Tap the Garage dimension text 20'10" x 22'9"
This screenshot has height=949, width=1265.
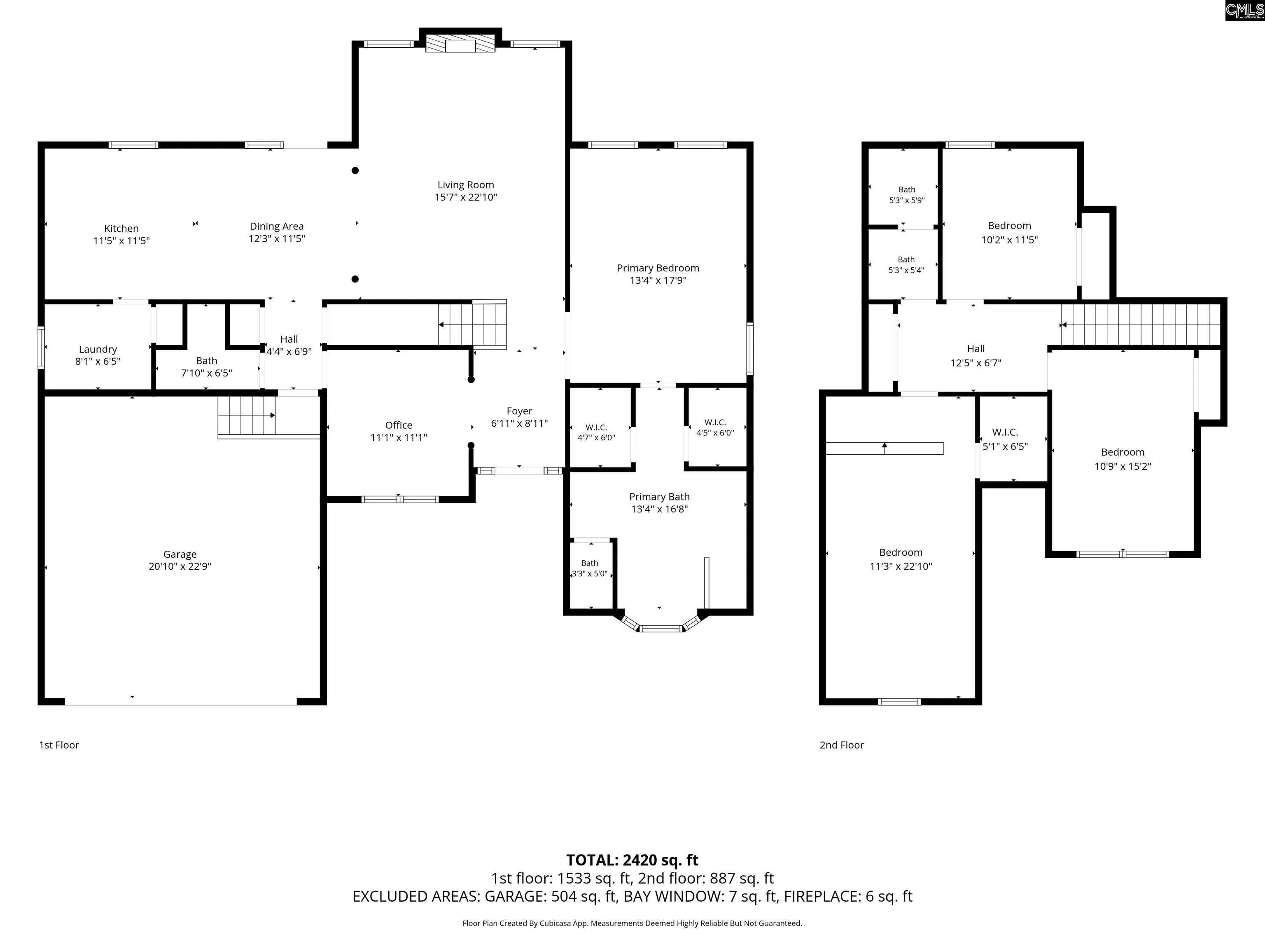[x=180, y=566]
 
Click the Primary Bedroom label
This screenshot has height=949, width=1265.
[x=658, y=268]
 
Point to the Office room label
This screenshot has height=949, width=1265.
[x=399, y=425]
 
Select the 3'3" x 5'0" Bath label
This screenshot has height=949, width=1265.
[x=590, y=568]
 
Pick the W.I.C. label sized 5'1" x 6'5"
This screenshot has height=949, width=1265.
[x=1005, y=439]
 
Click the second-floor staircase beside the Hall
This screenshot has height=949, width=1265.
[x=1141, y=325]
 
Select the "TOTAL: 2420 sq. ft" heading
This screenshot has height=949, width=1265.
[x=632, y=860]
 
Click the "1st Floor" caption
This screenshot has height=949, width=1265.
[x=59, y=745]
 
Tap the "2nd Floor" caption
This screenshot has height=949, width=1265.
[x=841, y=745]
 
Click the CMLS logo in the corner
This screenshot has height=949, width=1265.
[x=1244, y=10]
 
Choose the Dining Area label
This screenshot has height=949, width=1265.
[x=277, y=227]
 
